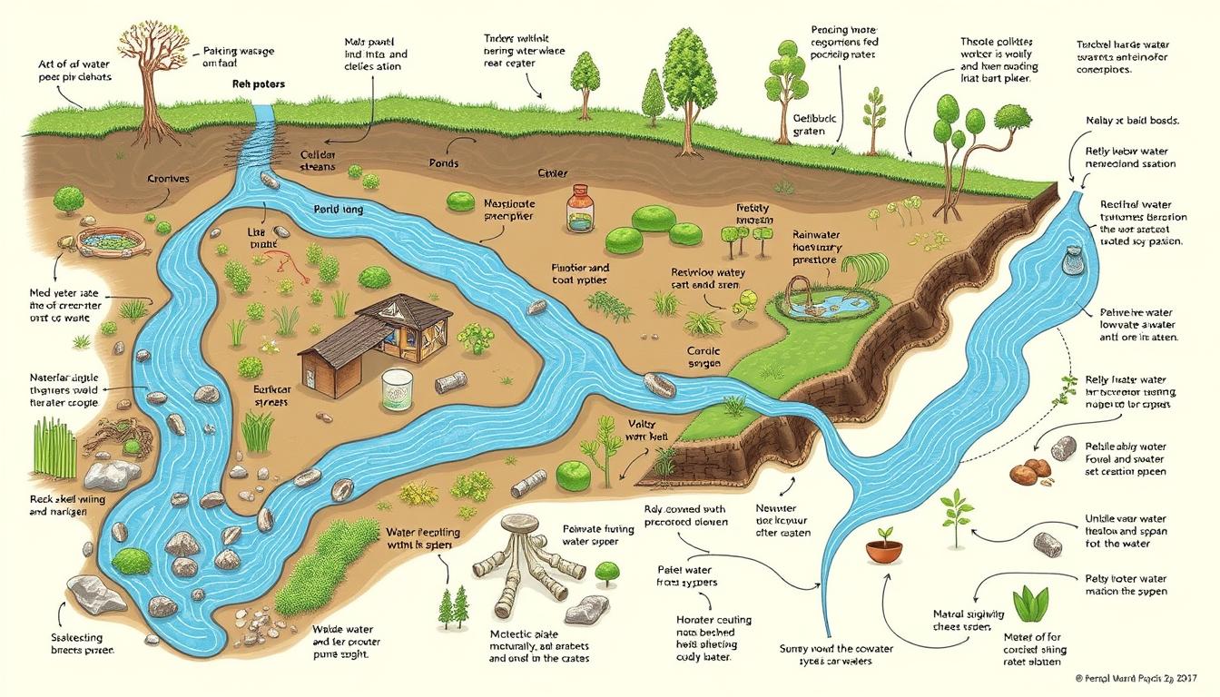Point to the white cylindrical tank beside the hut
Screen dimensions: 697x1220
tap(396, 391)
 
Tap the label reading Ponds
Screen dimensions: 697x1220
tap(443, 164)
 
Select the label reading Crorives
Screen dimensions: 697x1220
tap(168, 179)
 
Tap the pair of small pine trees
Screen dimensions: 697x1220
tap(452, 606)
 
